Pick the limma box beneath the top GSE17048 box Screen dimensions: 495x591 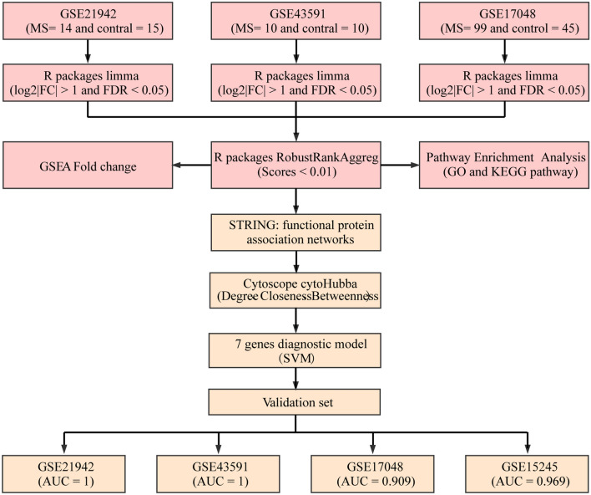tap(503, 82)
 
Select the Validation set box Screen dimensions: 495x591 tap(295, 402)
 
